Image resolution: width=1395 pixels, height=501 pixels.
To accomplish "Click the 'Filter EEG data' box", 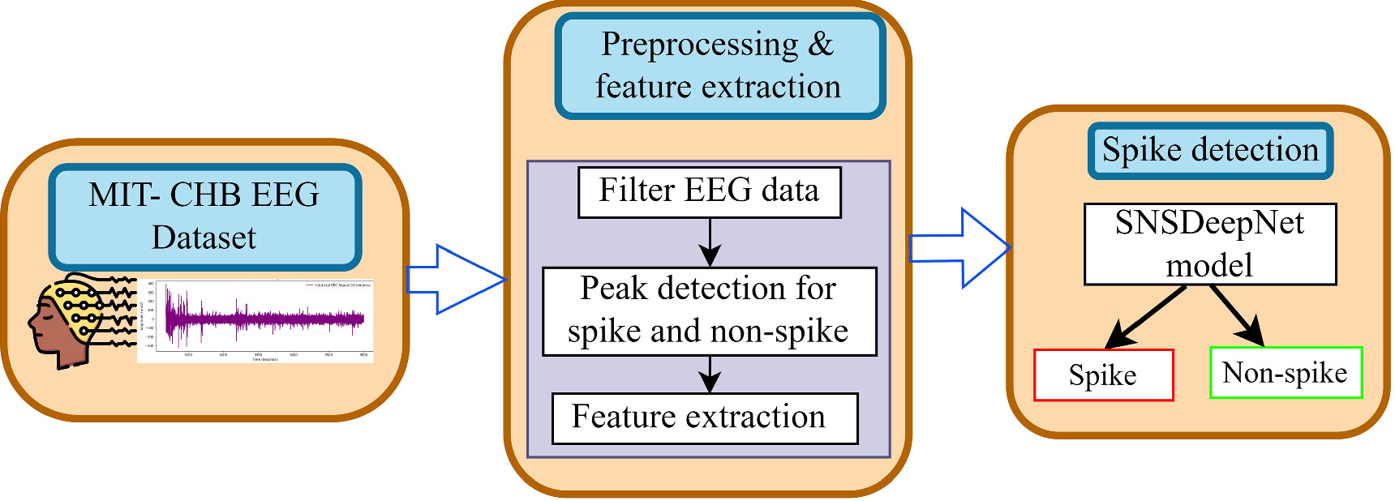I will point(709,192).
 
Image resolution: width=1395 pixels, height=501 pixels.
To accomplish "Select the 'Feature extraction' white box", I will point(704,418).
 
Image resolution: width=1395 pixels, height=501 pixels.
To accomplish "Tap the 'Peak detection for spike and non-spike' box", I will point(709,311).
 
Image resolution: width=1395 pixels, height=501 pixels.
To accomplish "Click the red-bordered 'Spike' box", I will point(1103,375).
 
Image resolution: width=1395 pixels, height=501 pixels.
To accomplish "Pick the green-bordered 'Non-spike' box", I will point(1285,373).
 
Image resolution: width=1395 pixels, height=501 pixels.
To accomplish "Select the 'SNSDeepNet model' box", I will point(1209,244).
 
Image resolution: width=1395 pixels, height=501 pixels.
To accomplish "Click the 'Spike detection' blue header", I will point(1209,151).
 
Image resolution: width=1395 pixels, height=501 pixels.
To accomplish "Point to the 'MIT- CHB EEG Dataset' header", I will point(204,216).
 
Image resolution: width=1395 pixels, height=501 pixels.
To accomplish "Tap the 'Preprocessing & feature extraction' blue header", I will point(719,66).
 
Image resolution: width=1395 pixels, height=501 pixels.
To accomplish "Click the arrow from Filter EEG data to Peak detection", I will point(710,242).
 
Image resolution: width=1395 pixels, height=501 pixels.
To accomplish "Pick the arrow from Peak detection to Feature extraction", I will point(710,374).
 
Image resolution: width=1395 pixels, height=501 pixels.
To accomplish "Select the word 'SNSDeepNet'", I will point(1209,223).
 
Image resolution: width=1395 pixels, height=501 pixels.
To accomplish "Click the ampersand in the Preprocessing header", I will point(821,45).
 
